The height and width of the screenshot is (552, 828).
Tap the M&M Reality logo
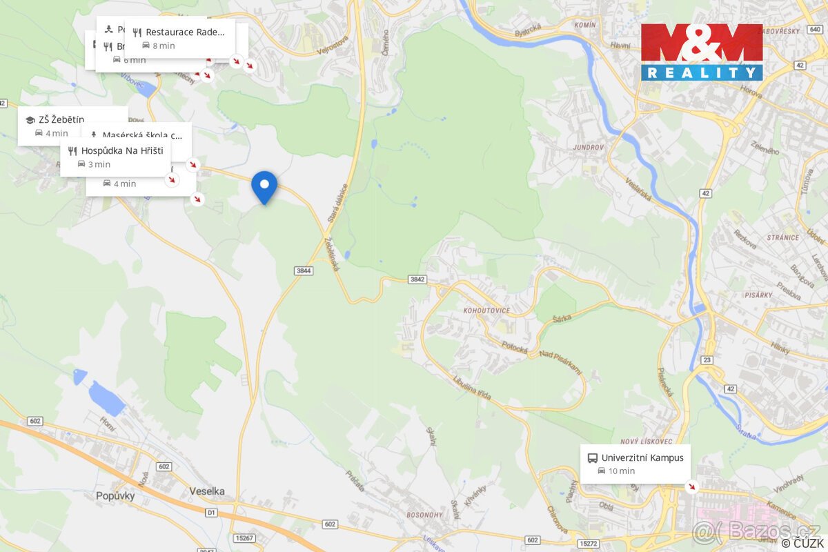[702, 52]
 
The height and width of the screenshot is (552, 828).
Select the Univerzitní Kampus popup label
[635, 464]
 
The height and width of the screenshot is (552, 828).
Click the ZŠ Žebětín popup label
[72, 126]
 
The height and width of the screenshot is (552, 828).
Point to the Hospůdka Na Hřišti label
[115, 157]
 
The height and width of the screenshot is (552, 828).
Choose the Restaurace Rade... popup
[179, 39]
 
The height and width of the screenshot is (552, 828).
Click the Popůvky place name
[115, 495]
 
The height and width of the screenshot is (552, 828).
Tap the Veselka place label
[207, 491]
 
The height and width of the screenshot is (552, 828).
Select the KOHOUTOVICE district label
[489, 311]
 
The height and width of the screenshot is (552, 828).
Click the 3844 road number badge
[304, 270]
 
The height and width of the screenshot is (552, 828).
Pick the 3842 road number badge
[417, 279]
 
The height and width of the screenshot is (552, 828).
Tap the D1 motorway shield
[211, 513]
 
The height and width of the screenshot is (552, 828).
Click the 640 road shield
[816, 29]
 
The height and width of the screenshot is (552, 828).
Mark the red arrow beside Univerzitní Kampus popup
[692, 487]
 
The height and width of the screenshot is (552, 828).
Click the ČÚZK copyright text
[802, 544]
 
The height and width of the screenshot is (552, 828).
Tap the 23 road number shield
[707, 359]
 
